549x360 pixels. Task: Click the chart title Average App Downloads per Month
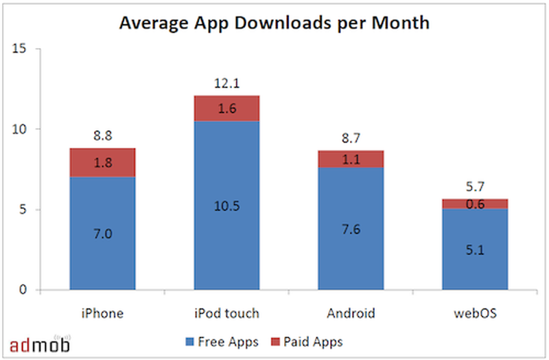(274, 23)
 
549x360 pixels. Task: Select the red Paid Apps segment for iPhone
(102, 163)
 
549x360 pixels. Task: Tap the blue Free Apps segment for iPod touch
(226, 206)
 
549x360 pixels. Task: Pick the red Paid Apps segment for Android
(351, 159)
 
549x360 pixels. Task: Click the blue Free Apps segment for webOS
(475, 249)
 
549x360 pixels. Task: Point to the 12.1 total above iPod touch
(226, 84)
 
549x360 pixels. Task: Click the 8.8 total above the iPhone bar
(102, 136)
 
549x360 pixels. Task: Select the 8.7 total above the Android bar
(351, 139)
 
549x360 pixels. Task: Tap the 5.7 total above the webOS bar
(475, 186)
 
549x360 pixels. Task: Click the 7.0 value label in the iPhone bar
(102, 234)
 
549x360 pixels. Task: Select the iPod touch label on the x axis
(226, 313)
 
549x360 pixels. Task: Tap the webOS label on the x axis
(475, 313)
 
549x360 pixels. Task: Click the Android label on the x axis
(351, 313)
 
